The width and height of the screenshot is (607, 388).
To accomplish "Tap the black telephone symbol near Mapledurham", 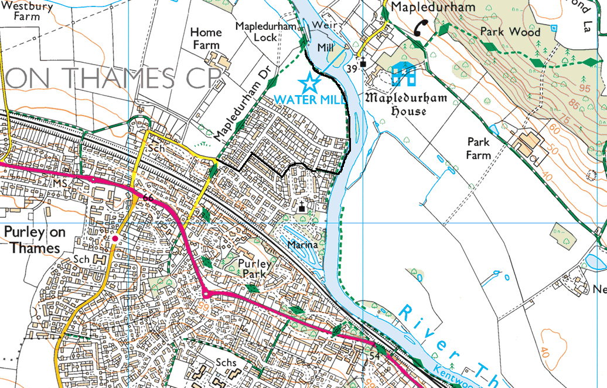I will [x=421, y=27].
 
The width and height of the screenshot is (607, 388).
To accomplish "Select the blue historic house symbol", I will [x=404, y=74].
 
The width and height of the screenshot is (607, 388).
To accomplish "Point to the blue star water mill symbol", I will [x=309, y=82].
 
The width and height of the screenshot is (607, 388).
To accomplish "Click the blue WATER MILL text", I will [x=302, y=99].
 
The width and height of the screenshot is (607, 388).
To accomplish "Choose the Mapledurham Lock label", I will [x=257, y=32].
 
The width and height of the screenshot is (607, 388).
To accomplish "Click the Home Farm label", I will [x=206, y=39].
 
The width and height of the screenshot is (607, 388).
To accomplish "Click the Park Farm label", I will [x=478, y=148].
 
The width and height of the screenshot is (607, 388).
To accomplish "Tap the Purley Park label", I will [x=255, y=269].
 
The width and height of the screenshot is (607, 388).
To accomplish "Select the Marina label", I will [x=302, y=244].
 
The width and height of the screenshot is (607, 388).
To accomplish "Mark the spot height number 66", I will [x=148, y=198].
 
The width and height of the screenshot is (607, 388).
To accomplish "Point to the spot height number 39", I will [x=352, y=69].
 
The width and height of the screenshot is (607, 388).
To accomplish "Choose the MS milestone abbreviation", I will [x=60, y=184].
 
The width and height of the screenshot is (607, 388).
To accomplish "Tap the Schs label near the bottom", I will [x=226, y=362].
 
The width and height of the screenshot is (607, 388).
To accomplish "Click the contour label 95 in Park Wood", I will [x=584, y=88].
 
